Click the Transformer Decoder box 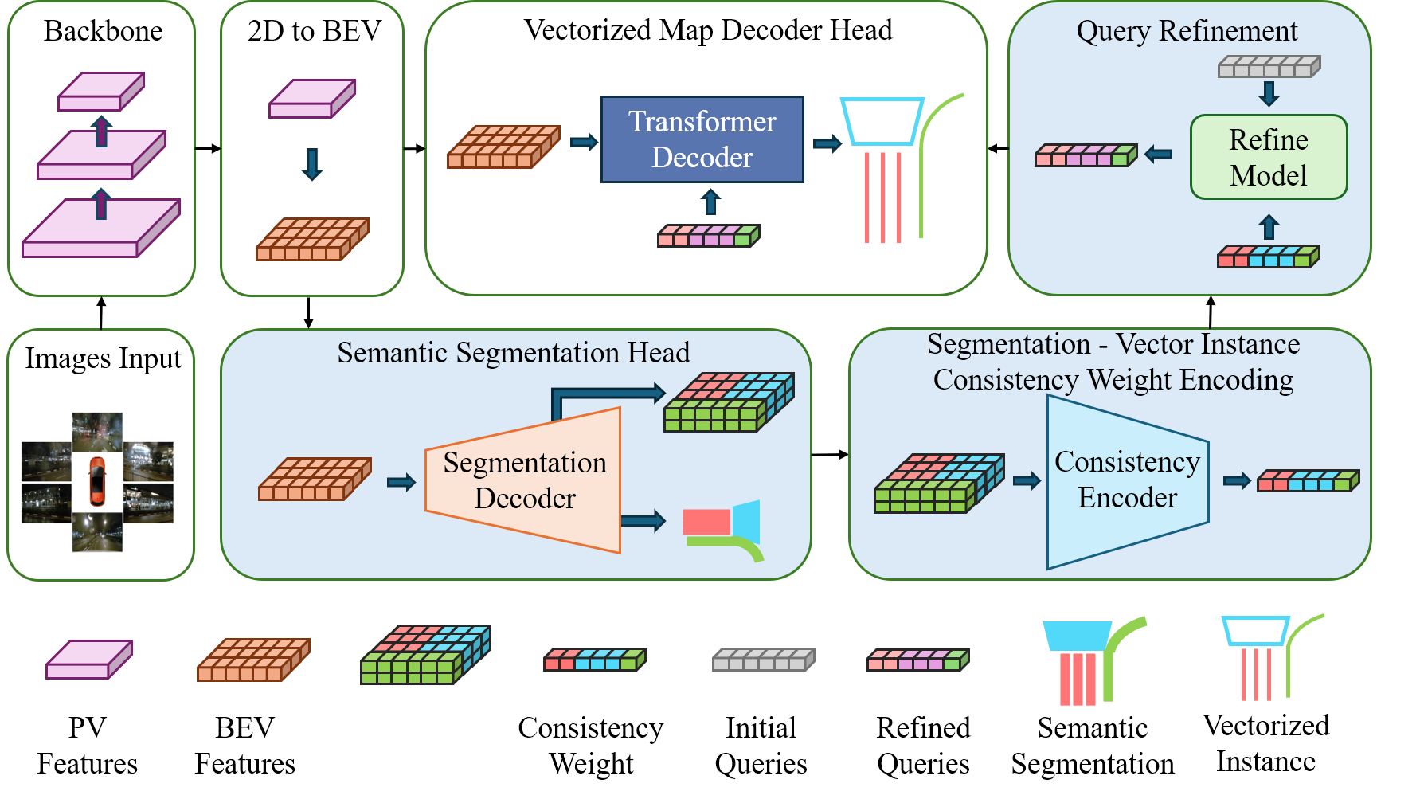(x=702, y=139)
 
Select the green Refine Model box (x=1269, y=157)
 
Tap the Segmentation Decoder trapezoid (x=523, y=480)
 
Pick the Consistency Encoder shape (x=1128, y=481)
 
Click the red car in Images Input (x=96, y=481)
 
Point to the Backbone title (x=104, y=31)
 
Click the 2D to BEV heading (x=315, y=31)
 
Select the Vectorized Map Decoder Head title (x=708, y=30)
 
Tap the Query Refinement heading (x=1187, y=31)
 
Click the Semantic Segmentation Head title (x=514, y=352)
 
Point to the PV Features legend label (x=88, y=746)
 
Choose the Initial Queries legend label (x=761, y=746)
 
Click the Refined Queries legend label (x=924, y=746)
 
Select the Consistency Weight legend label (x=591, y=746)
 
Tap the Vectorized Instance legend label (x=1266, y=743)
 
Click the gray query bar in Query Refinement (x=1269, y=66)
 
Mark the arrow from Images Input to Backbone (x=101, y=312)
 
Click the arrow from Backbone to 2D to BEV (x=208, y=148)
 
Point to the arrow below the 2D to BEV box (x=308, y=312)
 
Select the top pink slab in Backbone (x=101, y=92)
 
